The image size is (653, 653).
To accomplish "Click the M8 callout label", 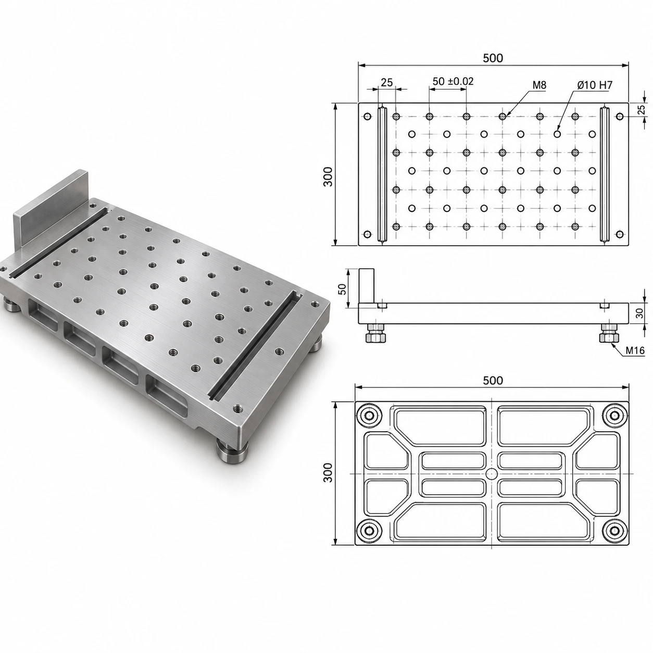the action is [539, 85].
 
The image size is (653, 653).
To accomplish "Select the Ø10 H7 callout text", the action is [595, 85].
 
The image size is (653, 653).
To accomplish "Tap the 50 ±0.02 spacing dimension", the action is [453, 81].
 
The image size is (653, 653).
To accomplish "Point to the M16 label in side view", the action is [635, 350].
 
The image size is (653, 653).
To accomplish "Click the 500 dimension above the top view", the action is [493, 58].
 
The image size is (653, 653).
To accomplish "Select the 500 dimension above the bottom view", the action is [493, 381].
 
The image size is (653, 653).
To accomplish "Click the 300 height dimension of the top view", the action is [328, 177].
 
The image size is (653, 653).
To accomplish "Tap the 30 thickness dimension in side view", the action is [639, 313].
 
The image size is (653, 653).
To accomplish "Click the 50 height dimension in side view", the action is [343, 288].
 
